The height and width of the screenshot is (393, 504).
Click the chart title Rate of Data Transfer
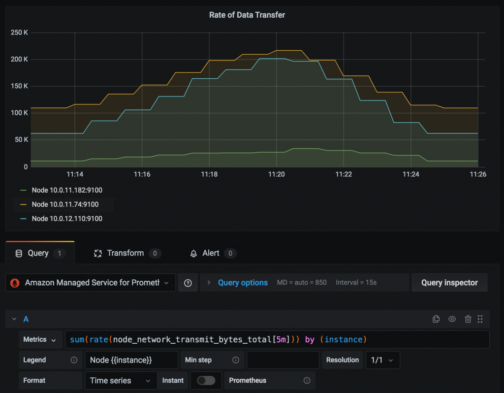click(x=247, y=15)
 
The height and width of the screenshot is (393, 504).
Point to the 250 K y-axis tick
click(x=19, y=33)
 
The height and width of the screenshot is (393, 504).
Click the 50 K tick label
click(x=21, y=140)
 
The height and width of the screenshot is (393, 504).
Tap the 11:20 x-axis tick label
click(x=277, y=174)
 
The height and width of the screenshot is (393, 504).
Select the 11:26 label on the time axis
click(x=477, y=174)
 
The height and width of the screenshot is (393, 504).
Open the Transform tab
click(x=126, y=253)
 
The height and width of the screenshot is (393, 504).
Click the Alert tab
click(x=211, y=253)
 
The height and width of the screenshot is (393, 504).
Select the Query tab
click(x=38, y=253)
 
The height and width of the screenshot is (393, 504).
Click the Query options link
click(x=243, y=283)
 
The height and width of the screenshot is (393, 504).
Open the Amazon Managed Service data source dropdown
click(x=91, y=283)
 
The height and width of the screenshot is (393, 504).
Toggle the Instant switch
click(x=206, y=380)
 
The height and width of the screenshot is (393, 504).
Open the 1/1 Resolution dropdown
click(x=382, y=360)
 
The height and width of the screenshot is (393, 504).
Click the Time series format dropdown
click(x=120, y=380)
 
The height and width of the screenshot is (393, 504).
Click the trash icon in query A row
click(x=468, y=319)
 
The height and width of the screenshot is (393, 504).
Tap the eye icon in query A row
click(x=452, y=319)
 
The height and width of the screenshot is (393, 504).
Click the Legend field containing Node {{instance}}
click(x=131, y=360)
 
